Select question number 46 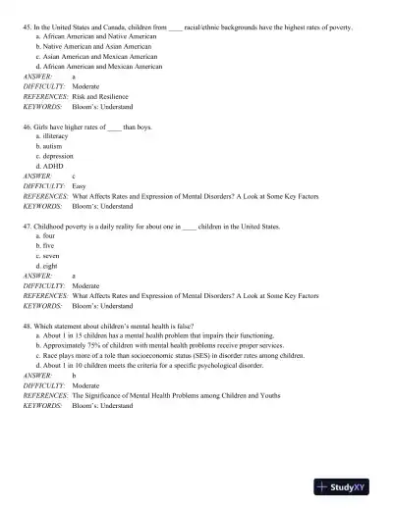tap(28, 127)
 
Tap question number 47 tap(28, 227)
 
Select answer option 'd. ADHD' tap(52, 166)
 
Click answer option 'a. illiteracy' tap(57, 136)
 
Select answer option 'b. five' tap(48, 245)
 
